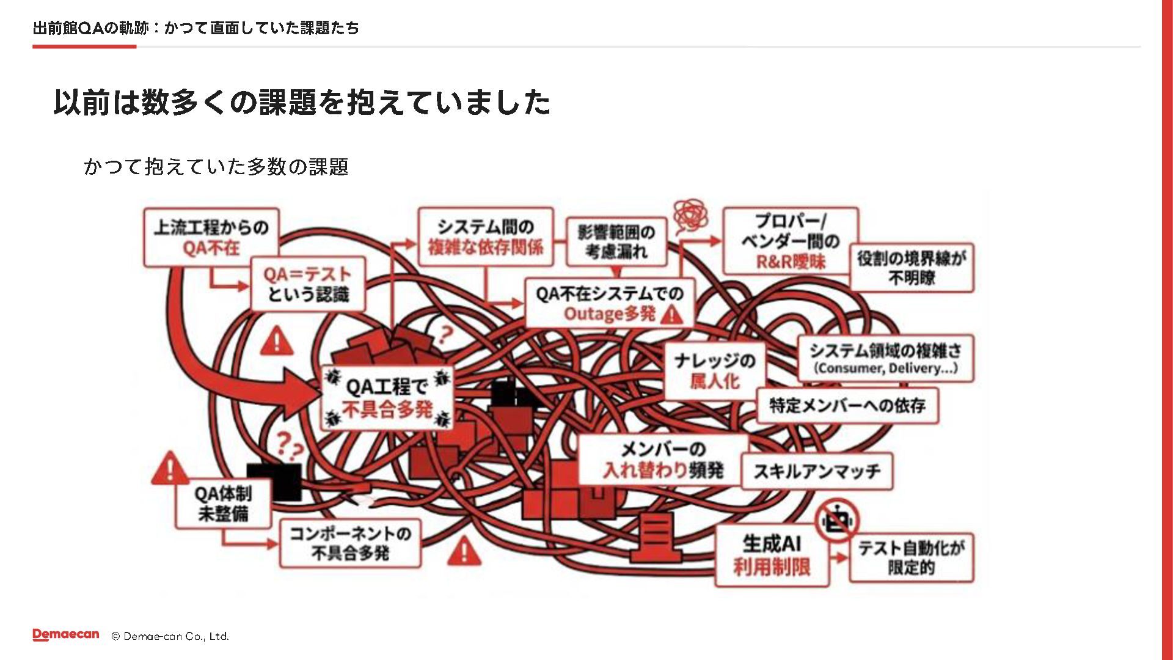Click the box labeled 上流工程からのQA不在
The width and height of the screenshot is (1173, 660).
pyautogui.click(x=211, y=238)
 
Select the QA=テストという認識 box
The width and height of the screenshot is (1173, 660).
pyautogui.click(x=308, y=284)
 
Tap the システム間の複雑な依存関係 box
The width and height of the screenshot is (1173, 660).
pyautogui.click(x=486, y=237)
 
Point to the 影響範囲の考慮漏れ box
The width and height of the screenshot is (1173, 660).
pyautogui.click(x=616, y=242)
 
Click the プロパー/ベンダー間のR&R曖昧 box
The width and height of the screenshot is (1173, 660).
pyautogui.click(x=791, y=241)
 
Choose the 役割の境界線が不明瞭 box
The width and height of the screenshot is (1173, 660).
pyautogui.click(x=912, y=268)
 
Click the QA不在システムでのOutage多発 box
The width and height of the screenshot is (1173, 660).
pyautogui.click(x=610, y=304)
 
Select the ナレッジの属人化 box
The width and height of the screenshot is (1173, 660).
pyautogui.click(x=714, y=371)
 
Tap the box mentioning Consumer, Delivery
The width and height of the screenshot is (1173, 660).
pyautogui.click(x=886, y=359)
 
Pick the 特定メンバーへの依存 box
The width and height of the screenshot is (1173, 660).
pyautogui.click(x=847, y=405)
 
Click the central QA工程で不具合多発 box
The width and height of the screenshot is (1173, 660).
pyautogui.click(x=387, y=398)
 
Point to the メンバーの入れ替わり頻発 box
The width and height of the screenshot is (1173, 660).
pyautogui.click(x=663, y=460)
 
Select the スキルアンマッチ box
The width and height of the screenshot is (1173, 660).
pyautogui.click(x=817, y=471)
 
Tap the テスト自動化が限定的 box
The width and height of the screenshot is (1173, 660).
pyautogui.click(x=911, y=557)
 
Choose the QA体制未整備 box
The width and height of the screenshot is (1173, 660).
pyautogui.click(x=223, y=503)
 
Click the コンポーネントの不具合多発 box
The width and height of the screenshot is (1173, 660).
pyautogui.click(x=350, y=543)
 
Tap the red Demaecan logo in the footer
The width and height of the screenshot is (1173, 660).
pyautogui.click(x=65, y=635)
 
